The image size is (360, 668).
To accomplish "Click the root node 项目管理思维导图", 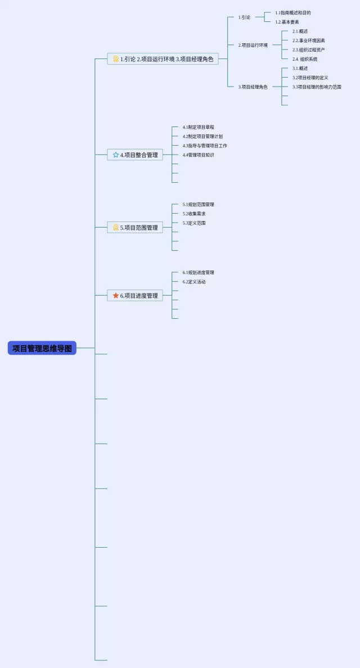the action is [x=42, y=348].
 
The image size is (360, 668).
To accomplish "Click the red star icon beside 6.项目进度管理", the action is [x=116, y=295].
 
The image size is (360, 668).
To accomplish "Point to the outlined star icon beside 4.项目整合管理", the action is [x=116, y=155].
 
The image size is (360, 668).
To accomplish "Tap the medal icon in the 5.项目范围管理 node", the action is [x=116, y=228].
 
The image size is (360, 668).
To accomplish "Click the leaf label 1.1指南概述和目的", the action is [x=292, y=12].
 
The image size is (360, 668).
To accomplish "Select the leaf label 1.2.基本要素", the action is [x=287, y=22].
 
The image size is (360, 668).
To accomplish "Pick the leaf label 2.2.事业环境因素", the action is [x=308, y=40].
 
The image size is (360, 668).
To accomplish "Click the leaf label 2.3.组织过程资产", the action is [x=308, y=49].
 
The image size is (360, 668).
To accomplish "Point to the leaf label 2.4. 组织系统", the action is [x=305, y=59].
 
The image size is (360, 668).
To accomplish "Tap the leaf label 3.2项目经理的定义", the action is [x=310, y=78].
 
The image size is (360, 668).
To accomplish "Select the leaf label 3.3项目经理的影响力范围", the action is [x=317, y=87].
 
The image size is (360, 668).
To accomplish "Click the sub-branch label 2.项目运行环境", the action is [x=253, y=45].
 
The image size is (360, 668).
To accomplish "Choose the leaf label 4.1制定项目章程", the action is [x=198, y=127].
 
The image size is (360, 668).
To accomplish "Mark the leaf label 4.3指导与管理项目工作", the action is [x=205, y=146].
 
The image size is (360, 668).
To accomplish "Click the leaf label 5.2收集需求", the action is [x=194, y=214].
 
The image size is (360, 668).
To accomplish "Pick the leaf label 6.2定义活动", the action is [x=194, y=282].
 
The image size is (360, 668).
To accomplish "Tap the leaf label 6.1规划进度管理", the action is [x=198, y=273].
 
